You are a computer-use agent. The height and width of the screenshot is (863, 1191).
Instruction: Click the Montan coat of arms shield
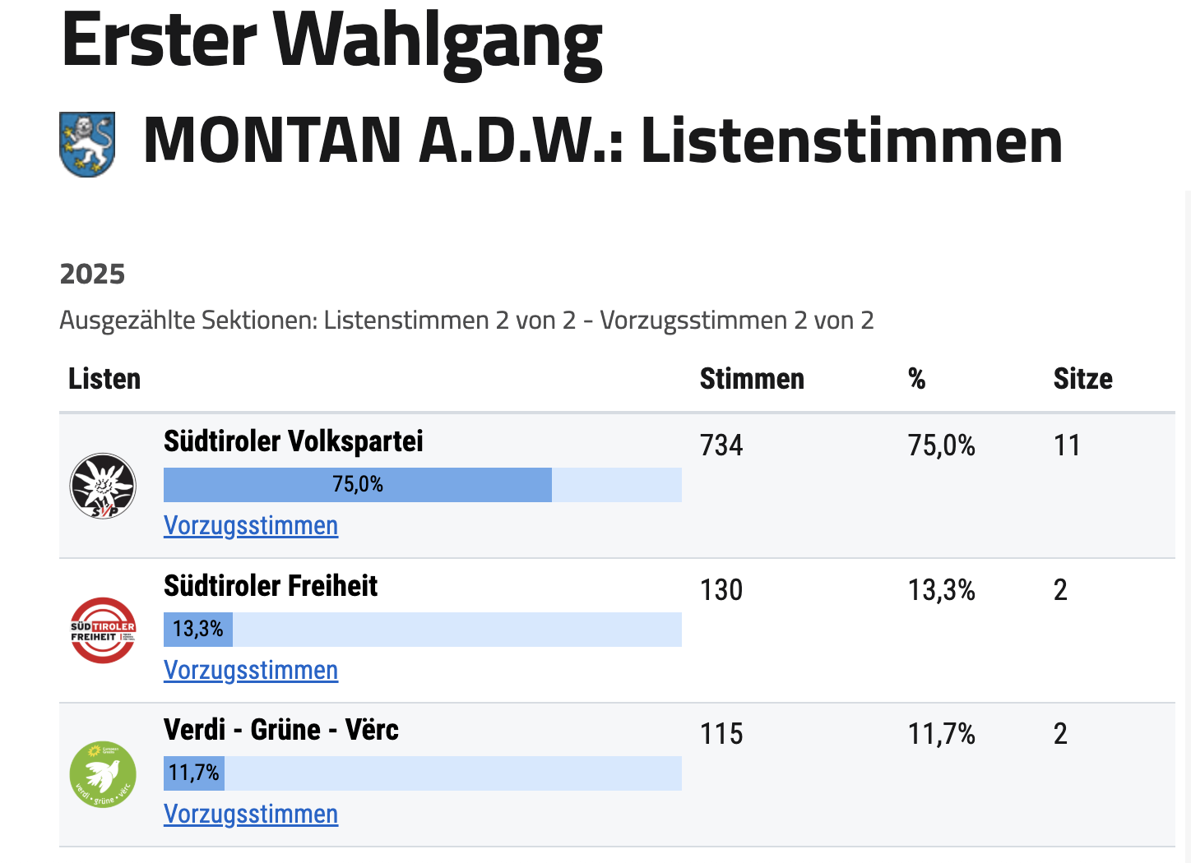pyautogui.click(x=87, y=145)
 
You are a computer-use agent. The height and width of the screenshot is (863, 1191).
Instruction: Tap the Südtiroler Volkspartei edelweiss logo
pyautogui.click(x=103, y=487)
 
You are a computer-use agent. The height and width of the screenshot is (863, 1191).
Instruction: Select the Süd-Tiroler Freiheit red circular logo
pyautogui.click(x=103, y=630)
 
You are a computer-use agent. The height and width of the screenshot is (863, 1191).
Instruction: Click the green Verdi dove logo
pyautogui.click(x=103, y=774)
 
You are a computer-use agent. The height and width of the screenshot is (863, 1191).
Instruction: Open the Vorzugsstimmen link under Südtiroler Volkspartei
pyautogui.click(x=251, y=526)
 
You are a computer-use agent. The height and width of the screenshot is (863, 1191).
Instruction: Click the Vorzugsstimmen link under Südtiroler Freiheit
pyautogui.click(x=251, y=671)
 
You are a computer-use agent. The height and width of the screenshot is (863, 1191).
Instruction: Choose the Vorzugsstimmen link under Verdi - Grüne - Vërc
pyautogui.click(x=251, y=815)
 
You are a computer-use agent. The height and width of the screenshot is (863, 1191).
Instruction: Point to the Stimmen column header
pyautogui.click(x=752, y=379)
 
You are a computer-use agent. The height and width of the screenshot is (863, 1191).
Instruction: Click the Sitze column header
pyautogui.click(x=1082, y=379)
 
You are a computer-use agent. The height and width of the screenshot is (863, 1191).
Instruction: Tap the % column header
pyautogui.click(x=917, y=379)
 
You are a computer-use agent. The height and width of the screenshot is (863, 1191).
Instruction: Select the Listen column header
pyautogui.click(x=104, y=379)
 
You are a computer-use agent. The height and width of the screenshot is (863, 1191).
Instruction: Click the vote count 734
pyautogui.click(x=721, y=445)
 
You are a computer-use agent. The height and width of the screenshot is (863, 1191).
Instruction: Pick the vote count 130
pyautogui.click(x=721, y=590)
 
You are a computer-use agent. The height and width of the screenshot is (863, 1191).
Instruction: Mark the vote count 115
pyautogui.click(x=721, y=734)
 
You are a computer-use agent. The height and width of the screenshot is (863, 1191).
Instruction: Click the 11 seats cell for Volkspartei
pyautogui.click(x=1067, y=445)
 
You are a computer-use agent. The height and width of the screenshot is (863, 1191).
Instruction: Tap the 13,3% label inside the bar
pyautogui.click(x=198, y=630)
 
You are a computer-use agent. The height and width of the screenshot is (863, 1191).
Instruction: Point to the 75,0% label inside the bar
pyautogui.click(x=358, y=484)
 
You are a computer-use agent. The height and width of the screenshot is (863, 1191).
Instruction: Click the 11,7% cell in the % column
pyautogui.click(x=942, y=734)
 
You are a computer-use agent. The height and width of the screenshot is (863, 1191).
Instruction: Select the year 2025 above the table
pyautogui.click(x=92, y=274)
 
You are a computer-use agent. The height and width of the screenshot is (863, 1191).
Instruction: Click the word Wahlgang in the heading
pyautogui.click(x=438, y=41)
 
